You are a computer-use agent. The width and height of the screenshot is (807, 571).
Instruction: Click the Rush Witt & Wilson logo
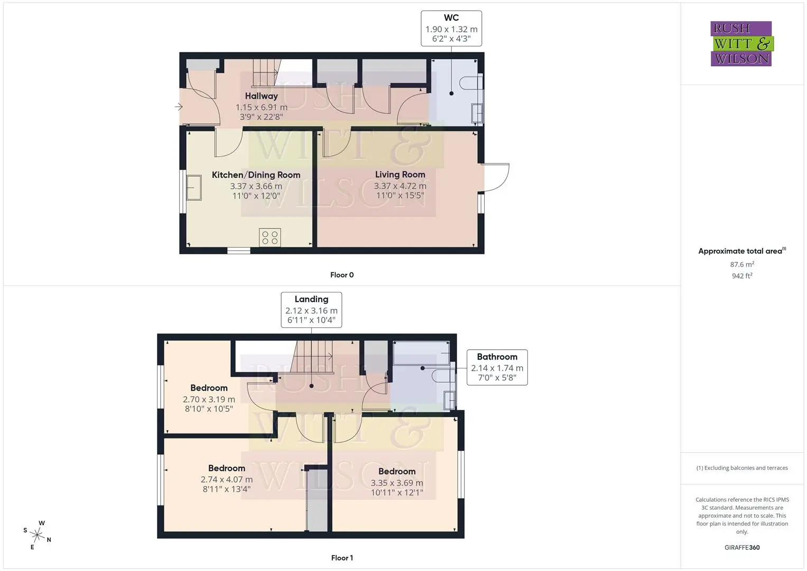point(741,43)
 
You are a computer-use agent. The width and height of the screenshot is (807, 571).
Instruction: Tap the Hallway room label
point(261,96)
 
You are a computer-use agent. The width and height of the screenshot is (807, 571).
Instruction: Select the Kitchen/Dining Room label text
point(256,175)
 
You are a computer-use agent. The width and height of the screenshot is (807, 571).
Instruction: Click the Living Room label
point(400,174)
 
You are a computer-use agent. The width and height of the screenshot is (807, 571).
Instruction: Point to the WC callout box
point(451,29)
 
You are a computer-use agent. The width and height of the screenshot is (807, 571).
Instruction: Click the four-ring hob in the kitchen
point(270,237)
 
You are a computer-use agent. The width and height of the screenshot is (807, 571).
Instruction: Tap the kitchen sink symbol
point(194,188)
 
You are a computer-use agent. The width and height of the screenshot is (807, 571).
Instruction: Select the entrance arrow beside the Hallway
point(179,107)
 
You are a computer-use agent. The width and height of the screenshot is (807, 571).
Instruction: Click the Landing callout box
point(311,310)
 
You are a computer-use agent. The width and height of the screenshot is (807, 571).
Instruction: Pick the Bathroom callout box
point(497,367)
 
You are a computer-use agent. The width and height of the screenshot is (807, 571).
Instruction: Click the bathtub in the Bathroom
point(421,353)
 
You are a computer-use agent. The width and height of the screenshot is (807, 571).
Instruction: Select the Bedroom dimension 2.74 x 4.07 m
point(227,480)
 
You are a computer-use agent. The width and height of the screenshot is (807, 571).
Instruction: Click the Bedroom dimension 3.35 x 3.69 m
point(397,483)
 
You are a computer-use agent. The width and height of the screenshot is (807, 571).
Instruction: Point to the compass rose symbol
point(37,535)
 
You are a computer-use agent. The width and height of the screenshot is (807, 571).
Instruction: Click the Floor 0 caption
point(342,275)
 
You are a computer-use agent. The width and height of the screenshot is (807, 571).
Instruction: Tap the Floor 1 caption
point(342,558)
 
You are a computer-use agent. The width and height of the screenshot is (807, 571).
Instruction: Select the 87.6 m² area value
point(742,264)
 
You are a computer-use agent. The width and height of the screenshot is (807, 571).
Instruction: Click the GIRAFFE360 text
point(742,548)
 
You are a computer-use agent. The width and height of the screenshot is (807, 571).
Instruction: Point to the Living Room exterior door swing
point(502,180)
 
